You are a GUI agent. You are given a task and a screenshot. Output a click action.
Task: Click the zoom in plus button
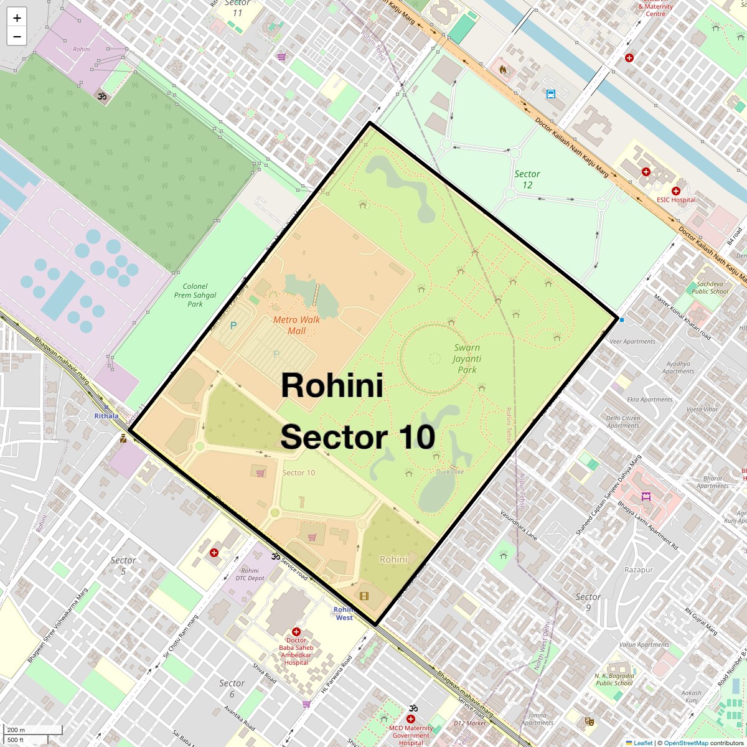pyautogui.click(x=17, y=18)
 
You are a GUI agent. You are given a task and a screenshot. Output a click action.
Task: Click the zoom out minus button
pyautogui.click(x=17, y=37)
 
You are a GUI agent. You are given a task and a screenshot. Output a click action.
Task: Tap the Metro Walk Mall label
pyautogui.click(x=297, y=325)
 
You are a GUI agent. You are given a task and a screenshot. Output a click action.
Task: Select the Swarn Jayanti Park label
pyautogui.click(x=467, y=359)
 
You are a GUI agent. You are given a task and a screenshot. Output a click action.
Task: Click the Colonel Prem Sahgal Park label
pyautogui.click(x=195, y=295)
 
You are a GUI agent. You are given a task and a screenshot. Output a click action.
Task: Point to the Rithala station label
pyautogui.click(x=106, y=415)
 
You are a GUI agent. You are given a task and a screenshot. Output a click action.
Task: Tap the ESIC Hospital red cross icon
pyautogui.click(x=675, y=191)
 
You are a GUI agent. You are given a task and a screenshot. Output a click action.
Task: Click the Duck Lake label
pyautogui.click(x=450, y=471)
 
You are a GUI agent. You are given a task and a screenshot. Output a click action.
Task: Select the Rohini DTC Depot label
pyautogui.click(x=250, y=574)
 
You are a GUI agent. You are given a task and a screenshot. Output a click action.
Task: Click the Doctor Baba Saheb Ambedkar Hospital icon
pyautogui.click(x=296, y=632)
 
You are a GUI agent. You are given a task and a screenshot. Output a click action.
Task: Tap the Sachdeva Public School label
pyautogui.click(x=710, y=287)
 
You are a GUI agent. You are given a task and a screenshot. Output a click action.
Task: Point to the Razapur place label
pyautogui.click(x=639, y=570)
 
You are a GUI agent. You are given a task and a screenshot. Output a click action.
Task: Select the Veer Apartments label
pyautogui.click(x=632, y=341)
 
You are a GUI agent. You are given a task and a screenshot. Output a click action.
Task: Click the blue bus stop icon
pyautogui.click(x=550, y=95)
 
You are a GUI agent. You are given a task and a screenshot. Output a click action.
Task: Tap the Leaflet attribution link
pyautogui.click(x=643, y=743)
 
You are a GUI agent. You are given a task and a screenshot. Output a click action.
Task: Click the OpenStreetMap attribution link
pyautogui.click(x=685, y=743)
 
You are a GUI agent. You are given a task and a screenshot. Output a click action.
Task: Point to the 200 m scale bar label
pyautogui.click(x=17, y=730)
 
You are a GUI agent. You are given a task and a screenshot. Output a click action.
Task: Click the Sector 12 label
pyautogui.click(x=527, y=179)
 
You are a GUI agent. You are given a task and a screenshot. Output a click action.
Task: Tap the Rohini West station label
pyautogui.click(x=344, y=613)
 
